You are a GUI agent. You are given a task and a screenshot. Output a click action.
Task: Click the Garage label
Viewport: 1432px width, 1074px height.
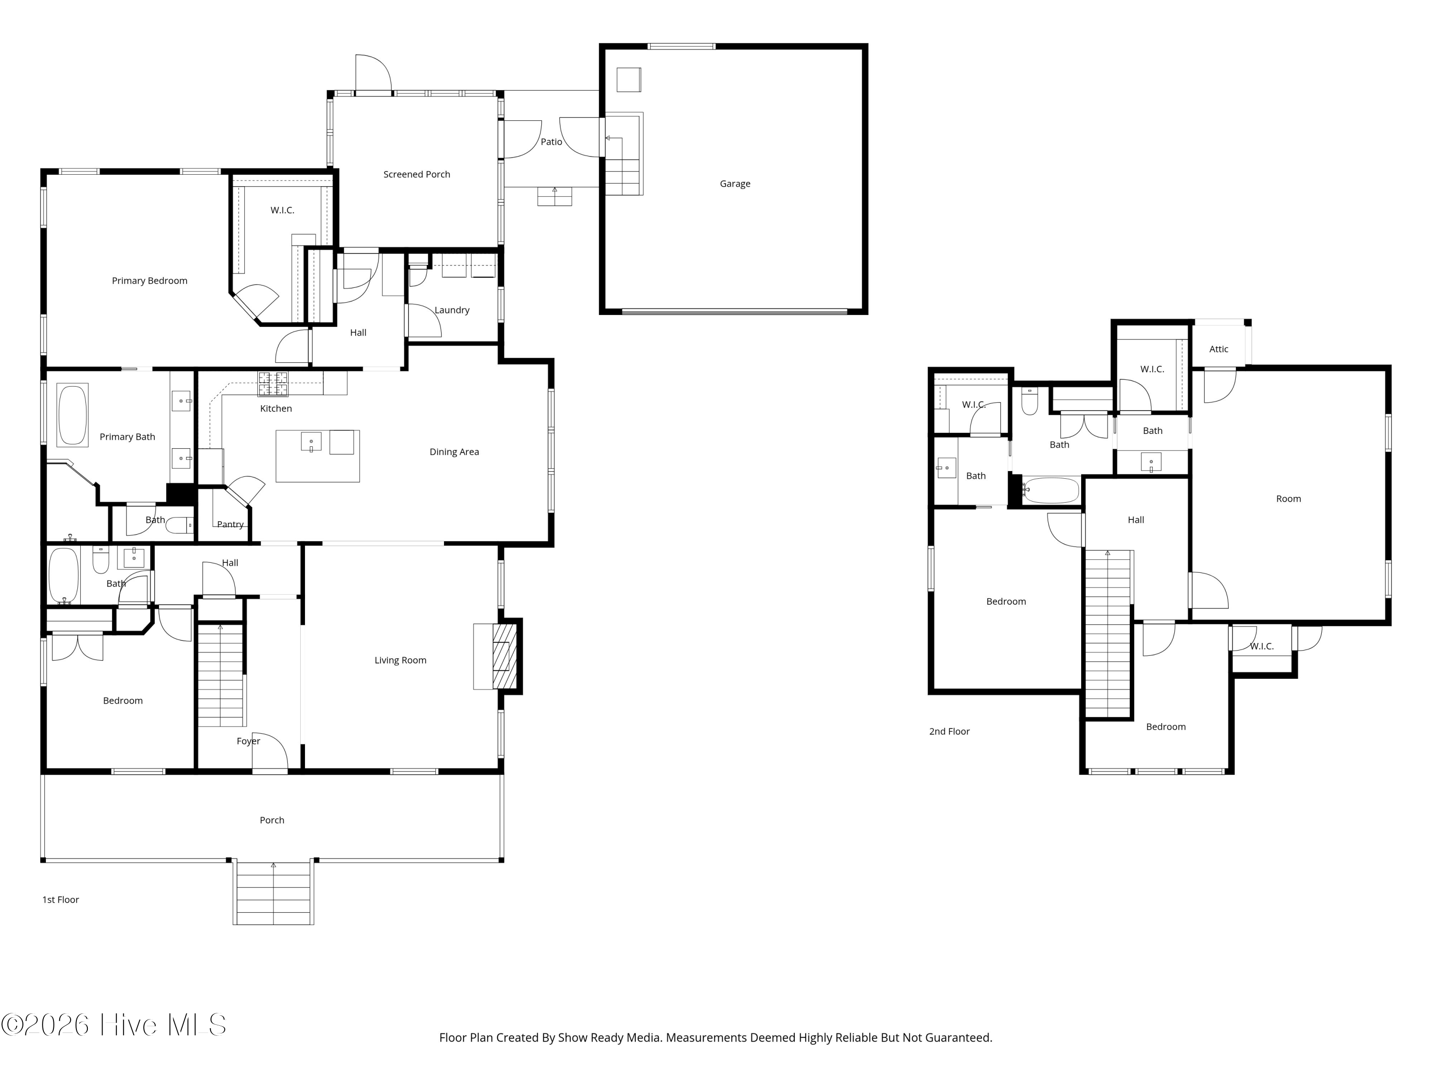pos(735,184)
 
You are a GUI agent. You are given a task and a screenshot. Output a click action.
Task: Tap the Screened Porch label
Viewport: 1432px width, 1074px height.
pos(416,174)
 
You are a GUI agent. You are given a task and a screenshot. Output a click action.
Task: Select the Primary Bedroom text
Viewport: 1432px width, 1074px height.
pos(149,280)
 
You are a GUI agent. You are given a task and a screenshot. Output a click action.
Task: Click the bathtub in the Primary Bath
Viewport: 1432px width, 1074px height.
pos(73,415)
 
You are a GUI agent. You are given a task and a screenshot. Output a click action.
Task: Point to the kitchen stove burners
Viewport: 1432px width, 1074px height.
pos(273,383)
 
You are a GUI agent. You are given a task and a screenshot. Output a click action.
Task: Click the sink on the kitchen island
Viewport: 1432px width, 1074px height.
pos(311,442)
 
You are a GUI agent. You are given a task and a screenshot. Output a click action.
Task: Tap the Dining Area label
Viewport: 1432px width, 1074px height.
pos(454,452)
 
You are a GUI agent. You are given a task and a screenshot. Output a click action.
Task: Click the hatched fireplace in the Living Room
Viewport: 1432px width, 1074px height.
pos(505,656)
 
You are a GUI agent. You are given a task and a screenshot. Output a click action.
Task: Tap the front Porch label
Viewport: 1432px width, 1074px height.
pos(272,820)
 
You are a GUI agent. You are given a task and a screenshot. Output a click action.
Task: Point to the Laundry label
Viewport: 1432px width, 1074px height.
pos(452,310)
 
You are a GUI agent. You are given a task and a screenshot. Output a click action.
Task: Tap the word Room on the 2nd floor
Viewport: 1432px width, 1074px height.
pos(1288,498)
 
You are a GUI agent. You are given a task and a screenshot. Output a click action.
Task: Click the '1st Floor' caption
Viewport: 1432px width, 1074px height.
pos(60,899)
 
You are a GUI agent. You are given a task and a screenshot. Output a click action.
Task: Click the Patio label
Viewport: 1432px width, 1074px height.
pos(552,142)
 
